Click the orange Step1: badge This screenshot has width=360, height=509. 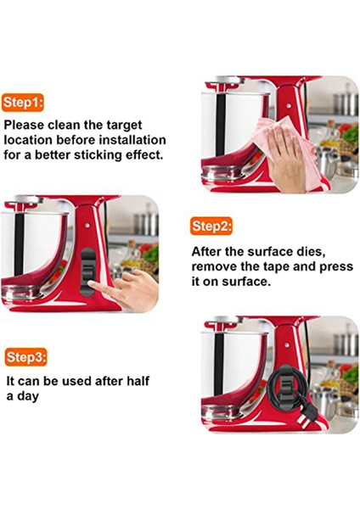pyautogui.click(x=22, y=103)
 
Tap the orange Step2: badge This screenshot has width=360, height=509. pyautogui.click(x=212, y=226)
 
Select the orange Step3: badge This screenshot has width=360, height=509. pyautogui.click(x=26, y=357)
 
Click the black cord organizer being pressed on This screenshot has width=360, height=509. pyautogui.click(x=87, y=272)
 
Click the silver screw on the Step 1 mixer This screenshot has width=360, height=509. pyautogui.click(x=289, y=106)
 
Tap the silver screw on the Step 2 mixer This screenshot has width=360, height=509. pyautogui.click(x=87, y=225)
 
